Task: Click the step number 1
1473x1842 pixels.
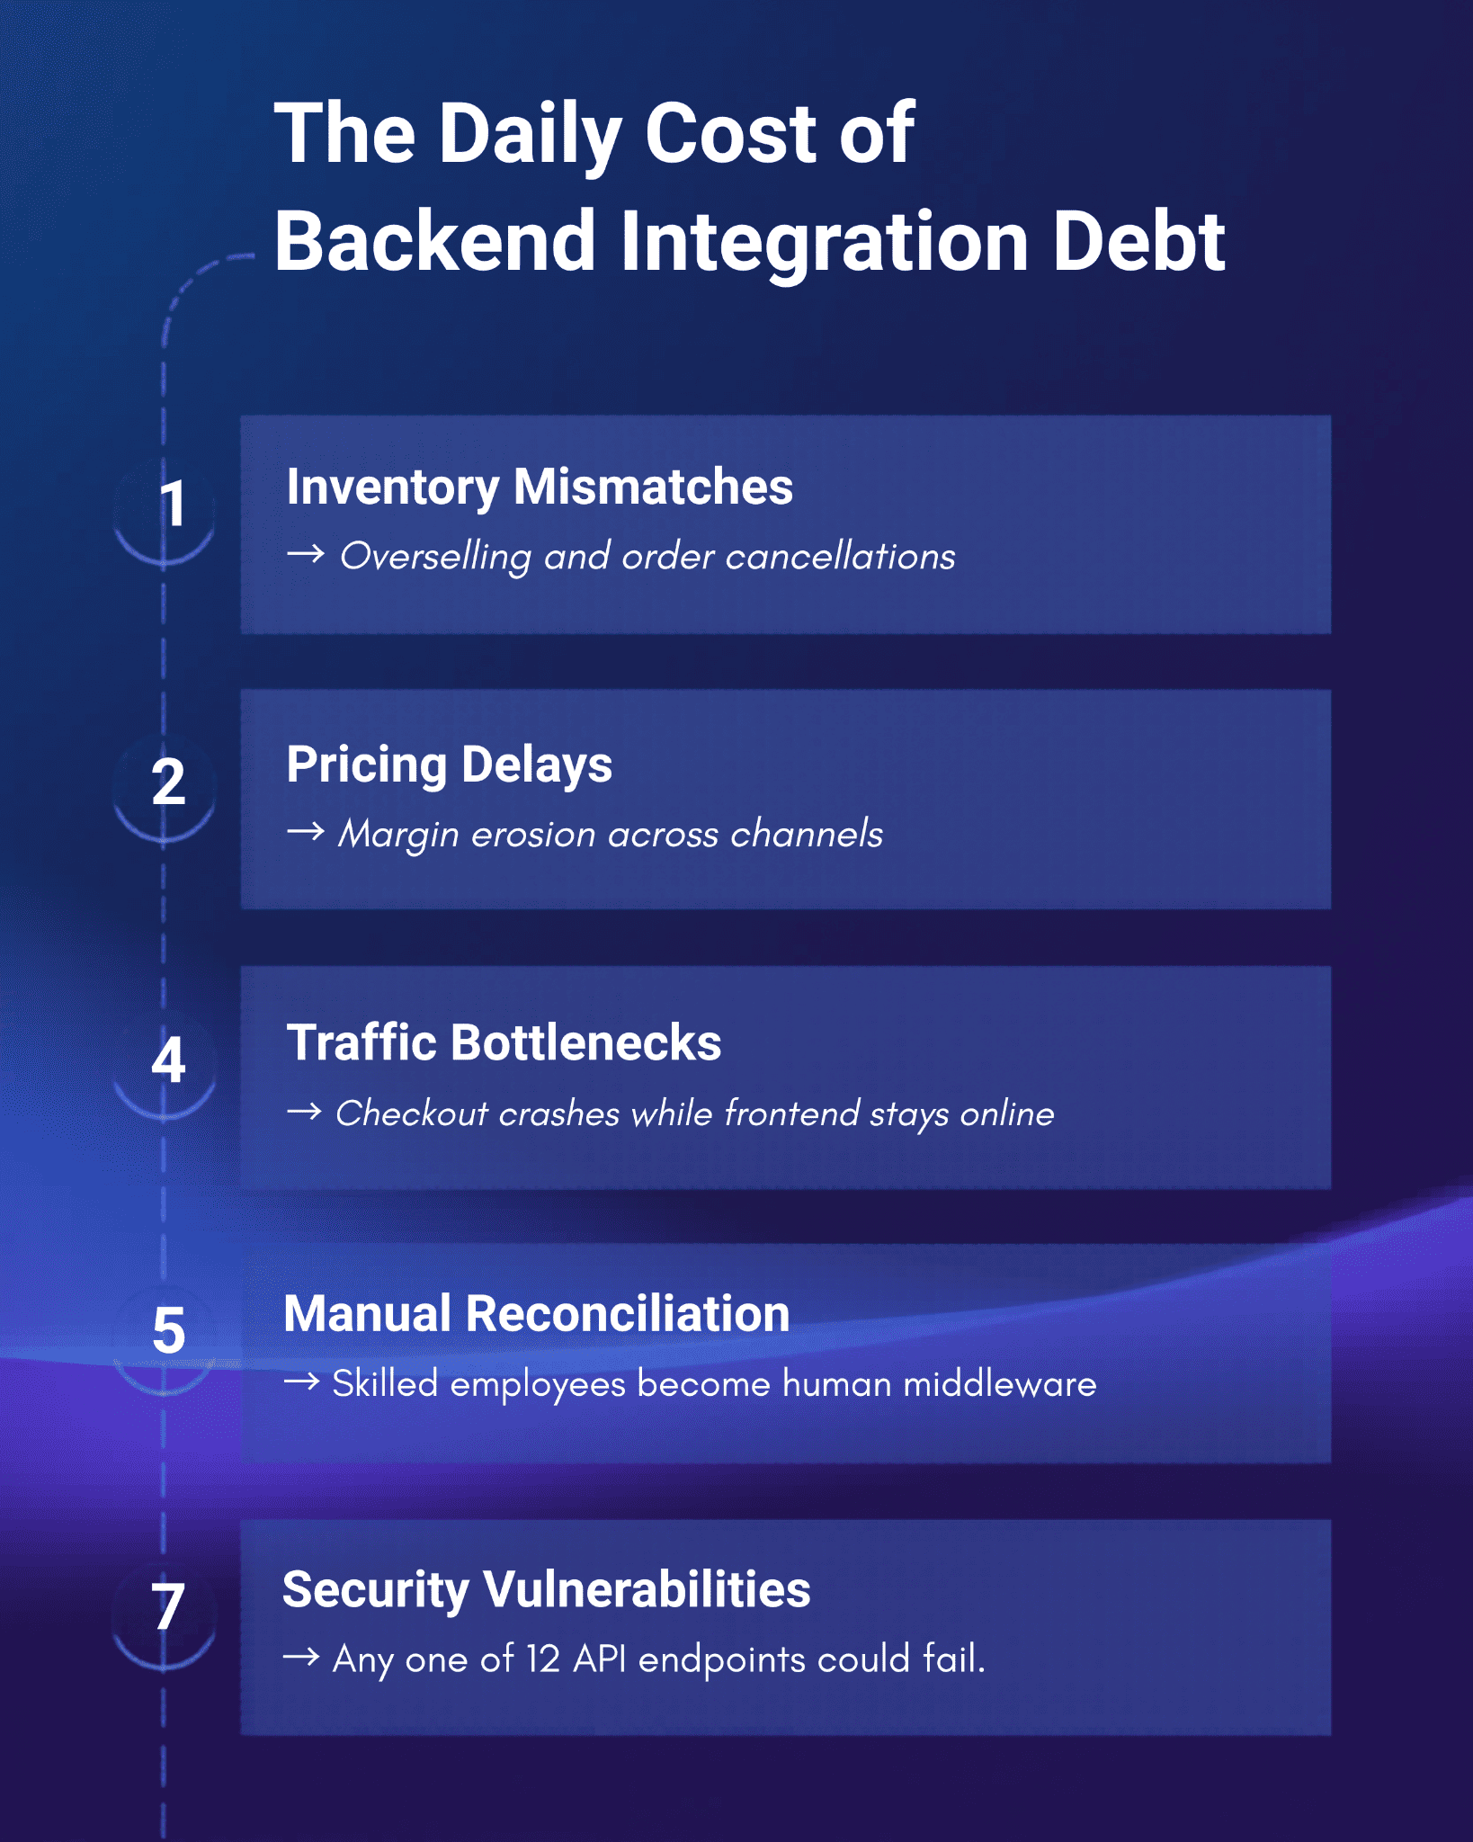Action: tap(173, 504)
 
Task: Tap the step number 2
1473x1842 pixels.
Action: tap(168, 782)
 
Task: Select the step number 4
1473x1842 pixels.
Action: tap(168, 1060)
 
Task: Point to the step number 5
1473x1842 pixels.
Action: tap(169, 1331)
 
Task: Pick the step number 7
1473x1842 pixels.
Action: tap(168, 1606)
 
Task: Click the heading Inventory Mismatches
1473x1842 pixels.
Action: tap(540, 487)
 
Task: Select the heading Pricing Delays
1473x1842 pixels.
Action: tap(449, 765)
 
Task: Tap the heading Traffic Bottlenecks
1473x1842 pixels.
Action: tap(504, 1042)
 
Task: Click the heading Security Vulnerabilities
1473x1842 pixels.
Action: tap(546, 1590)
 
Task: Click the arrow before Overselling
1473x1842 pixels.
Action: tap(306, 554)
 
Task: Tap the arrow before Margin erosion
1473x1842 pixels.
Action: tap(306, 832)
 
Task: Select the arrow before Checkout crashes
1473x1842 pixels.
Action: tap(305, 1112)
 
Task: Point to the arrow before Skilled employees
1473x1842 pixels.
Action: tap(302, 1381)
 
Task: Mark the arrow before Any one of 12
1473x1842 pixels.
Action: tap(302, 1657)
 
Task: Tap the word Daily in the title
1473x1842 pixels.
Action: tap(531, 135)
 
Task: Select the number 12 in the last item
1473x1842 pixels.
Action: tap(543, 1659)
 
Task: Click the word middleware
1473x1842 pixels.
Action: tap(1000, 1383)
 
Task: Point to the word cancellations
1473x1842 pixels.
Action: tap(840, 556)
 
